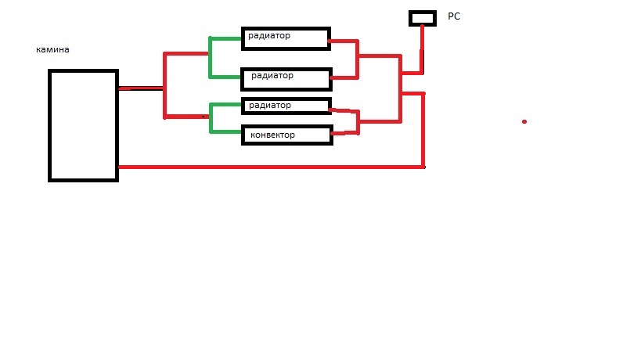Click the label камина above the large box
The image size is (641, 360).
click(x=52, y=49)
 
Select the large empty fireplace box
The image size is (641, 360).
click(x=83, y=125)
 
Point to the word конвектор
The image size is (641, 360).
click(x=272, y=135)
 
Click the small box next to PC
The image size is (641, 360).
click(x=422, y=17)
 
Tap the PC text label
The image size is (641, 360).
click(x=453, y=15)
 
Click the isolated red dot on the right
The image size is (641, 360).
click(x=524, y=121)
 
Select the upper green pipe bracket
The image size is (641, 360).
click(x=211, y=57)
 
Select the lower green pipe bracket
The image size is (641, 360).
click(x=211, y=117)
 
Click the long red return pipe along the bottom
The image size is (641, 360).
click(x=270, y=167)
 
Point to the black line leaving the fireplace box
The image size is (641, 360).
click(x=139, y=88)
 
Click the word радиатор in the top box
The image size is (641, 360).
click(x=270, y=35)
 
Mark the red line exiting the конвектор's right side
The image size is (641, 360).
click(x=344, y=133)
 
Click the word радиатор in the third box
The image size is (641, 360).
click(x=269, y=105)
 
